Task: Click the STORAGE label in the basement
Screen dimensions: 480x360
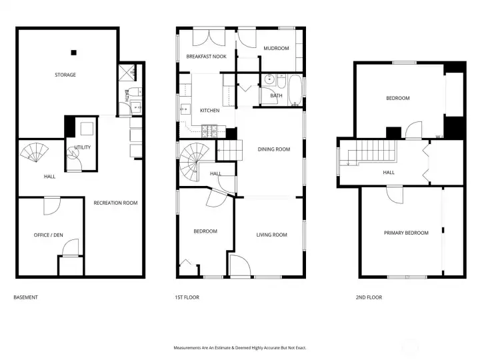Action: pyautogui.click(x=65, y=75)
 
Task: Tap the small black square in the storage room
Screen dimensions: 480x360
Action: pyautogui.click(x=73, y=53)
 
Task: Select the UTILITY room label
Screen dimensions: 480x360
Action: pyautogui.click(x=83, y=147)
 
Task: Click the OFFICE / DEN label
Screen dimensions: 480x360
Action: pyautogui.click(x=49, y=235)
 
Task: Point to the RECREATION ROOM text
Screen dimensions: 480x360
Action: pyautogui.click(x=115, y=203)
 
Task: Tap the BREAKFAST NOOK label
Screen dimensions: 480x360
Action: pyautogui.click(x=206, y=56)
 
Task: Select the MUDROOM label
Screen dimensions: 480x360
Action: pyautogui.click(x=276, y=48)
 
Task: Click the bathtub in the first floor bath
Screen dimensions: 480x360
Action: pyautogui.click(x=295, y=90)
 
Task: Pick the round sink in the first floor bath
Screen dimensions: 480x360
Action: pyautogui.click(x=270, y=79)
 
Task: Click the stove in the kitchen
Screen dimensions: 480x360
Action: pyautogui.click(x=209, y=131)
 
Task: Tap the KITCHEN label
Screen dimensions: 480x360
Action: pyautogui.click(x=210, y=110)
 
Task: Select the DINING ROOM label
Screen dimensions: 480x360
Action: pyautogui.click(x=274, y=149)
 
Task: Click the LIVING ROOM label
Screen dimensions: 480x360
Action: pyautogui.click(x=271, y=235)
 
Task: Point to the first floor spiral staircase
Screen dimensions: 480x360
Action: pyautogui.click(x=192, y=161)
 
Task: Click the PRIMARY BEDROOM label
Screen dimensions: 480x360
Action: pyautogui.click(x=406, y=233)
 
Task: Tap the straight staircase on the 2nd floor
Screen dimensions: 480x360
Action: pyautogui.click(x=372, y=152)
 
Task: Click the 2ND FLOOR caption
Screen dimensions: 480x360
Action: pyautogui.click(x=369, y=297)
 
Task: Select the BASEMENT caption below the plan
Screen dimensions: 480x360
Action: pyautogui.click(x=26, y=297)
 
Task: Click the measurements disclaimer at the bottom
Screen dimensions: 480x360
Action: pyautogui.click(x=240, y=348)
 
